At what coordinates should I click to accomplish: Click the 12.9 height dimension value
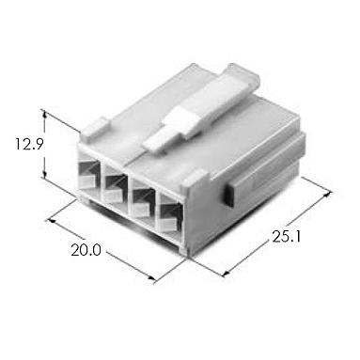(29, 145)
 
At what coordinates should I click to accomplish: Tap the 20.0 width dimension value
(86, 250)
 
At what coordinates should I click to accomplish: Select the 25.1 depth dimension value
(287, 237)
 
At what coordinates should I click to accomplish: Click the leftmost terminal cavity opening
(89, 173)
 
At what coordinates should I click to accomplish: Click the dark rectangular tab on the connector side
(229, 194)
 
